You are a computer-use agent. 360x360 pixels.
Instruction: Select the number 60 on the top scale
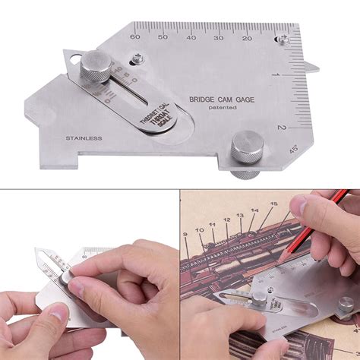[x=135, y=36]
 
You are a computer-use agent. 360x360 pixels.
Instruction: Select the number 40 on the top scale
[x=191, y=36]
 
